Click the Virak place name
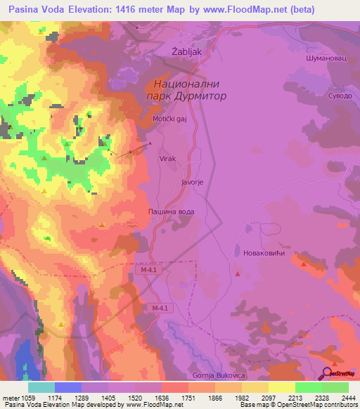click(x=167, y=160)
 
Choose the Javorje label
click(x=192, y=182)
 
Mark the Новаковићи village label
click(x=262, y=253)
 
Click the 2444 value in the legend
click(x=340, y=398)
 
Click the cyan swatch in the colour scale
click(x=41, y=387)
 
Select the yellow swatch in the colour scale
click(x=281, y=387)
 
